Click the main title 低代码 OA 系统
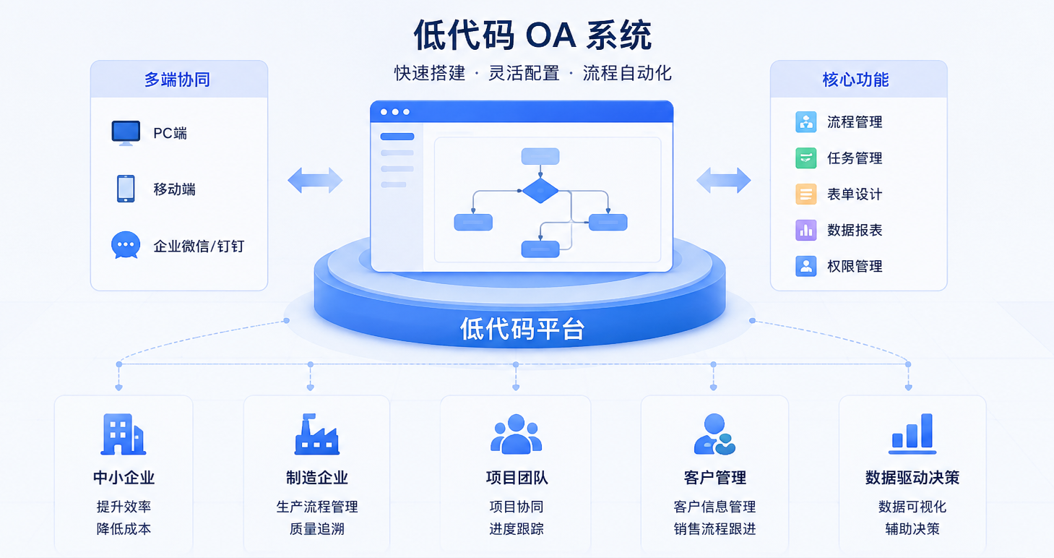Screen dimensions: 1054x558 [x=532, y=35]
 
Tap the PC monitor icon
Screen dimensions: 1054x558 [x=126, y=133]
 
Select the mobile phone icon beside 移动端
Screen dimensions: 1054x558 [x=126, y=189]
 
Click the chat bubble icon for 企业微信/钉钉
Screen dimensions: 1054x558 [x=126, y=245]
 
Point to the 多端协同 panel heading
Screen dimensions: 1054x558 [x=177, y=80]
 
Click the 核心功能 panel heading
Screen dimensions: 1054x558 [x=855, y=80]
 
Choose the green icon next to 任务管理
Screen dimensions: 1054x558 [x=806, y=158]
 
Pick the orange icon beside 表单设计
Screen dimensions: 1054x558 [x=806, y=194]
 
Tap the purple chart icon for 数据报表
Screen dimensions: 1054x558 [x=806, y=231]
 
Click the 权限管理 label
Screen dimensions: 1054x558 [x=855, y=267]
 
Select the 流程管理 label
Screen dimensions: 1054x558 [x=855, y=122]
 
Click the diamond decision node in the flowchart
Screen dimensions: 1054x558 [x=540, y=191]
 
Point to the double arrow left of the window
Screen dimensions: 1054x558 [x=315, y=181]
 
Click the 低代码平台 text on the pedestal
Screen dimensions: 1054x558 [x=522, y=329]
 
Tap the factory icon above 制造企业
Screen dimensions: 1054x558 [x=316, y=434]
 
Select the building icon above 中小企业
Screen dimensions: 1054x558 [x=124, y=434]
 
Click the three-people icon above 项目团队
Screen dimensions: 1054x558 [x=517, y=434]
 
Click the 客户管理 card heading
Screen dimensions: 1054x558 [x=714, y=478]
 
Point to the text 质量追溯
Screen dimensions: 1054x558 [x=316, y=529]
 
